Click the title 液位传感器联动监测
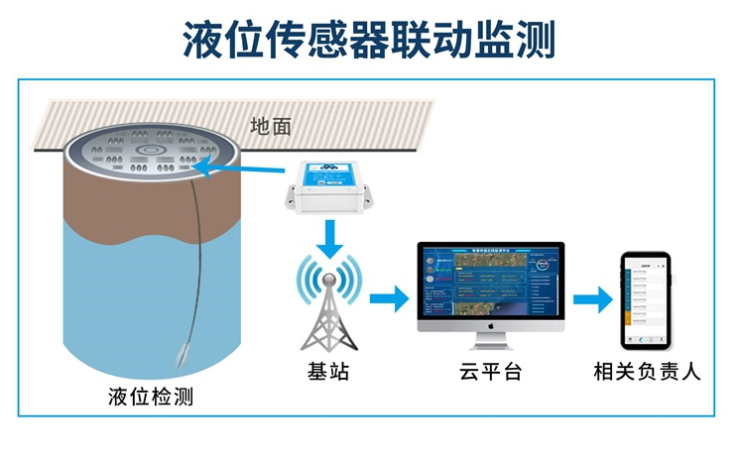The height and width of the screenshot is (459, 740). (x=369, y=41)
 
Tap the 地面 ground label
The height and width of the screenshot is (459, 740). (x=271, y=126)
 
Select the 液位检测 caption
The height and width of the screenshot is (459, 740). (x=151, y=398)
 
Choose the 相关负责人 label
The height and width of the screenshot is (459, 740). (x=647, y=373)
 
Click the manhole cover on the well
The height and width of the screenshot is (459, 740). (x=150, y=154)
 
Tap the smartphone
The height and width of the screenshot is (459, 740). (x=646, y=299)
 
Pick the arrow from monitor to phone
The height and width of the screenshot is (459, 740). (x=590, y=298)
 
